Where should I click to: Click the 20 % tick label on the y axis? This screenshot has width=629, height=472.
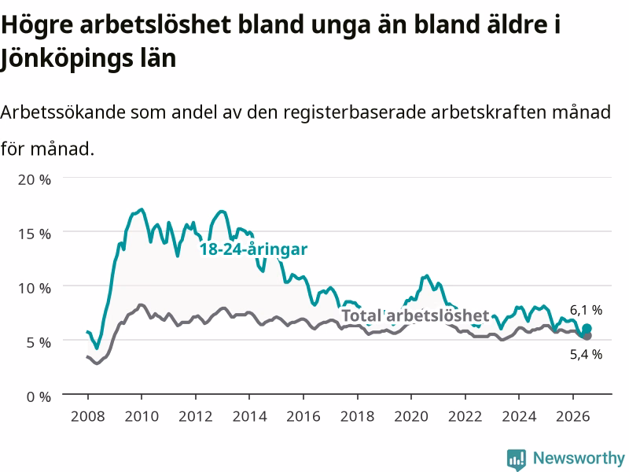(35, 179)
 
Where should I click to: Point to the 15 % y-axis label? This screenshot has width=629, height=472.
(35, 234)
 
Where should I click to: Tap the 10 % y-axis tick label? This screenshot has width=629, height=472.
(35, 288)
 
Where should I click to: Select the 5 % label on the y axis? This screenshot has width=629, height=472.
(39, 342)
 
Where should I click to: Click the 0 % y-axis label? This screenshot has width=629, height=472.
(39, 397)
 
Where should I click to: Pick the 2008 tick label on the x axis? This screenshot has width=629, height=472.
(88, 416)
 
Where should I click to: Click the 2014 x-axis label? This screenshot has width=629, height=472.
(249, 416)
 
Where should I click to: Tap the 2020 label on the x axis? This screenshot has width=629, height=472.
(411, 416)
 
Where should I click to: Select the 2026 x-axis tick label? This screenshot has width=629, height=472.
(573, 416)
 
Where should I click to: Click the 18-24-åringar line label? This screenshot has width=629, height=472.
(253, 249)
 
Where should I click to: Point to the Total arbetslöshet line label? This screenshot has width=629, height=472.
(416, 315)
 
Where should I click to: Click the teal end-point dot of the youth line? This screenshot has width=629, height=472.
(587, 329)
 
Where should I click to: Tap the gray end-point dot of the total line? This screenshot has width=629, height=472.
(587, 336)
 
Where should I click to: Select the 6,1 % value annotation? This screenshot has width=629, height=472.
(586, 310)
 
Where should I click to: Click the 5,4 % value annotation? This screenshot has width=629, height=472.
(586, 354)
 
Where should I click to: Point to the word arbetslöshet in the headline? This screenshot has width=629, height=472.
(155, 25)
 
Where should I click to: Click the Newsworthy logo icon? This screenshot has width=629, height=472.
(517, 459)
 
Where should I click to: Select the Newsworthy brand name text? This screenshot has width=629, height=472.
(579, 458)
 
